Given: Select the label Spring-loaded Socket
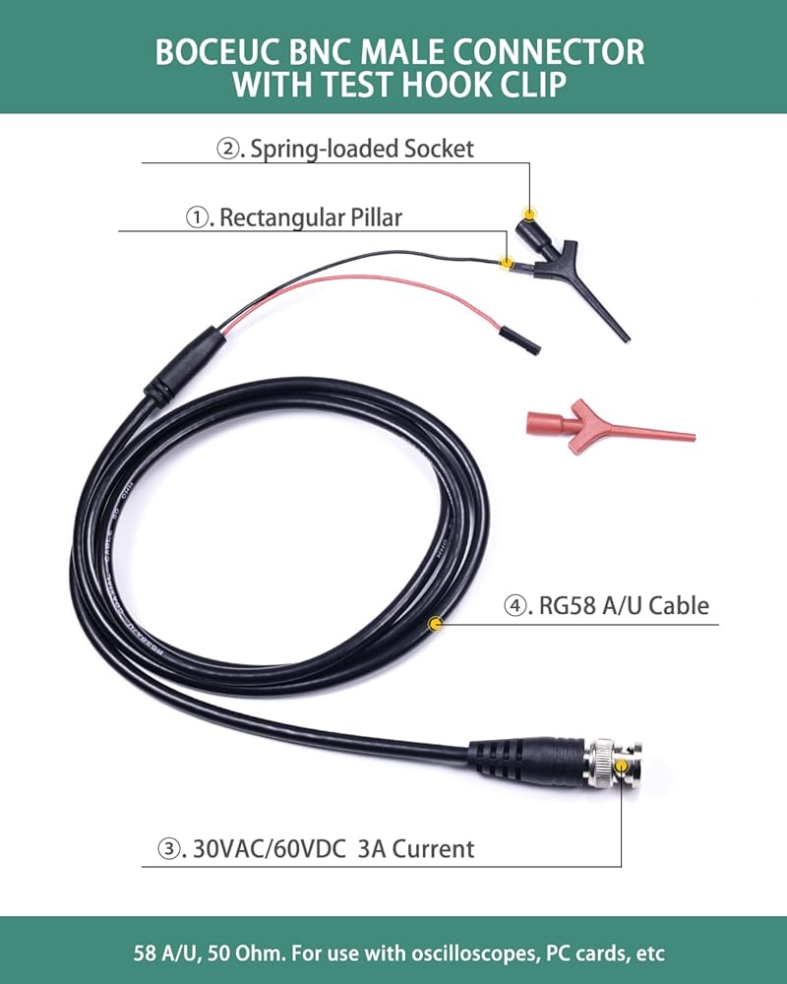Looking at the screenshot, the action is coord(361,149).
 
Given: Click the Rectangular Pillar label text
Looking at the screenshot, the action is coord(310,217).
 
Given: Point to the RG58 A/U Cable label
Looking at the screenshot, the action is coord(623,606).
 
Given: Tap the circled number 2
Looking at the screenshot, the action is coord(228,150).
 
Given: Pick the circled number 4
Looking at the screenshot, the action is coord(517,606).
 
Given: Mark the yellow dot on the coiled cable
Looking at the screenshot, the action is coord(436,623).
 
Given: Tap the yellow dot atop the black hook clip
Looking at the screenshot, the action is coord(530,215).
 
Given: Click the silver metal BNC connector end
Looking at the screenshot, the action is coord(614,765).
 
